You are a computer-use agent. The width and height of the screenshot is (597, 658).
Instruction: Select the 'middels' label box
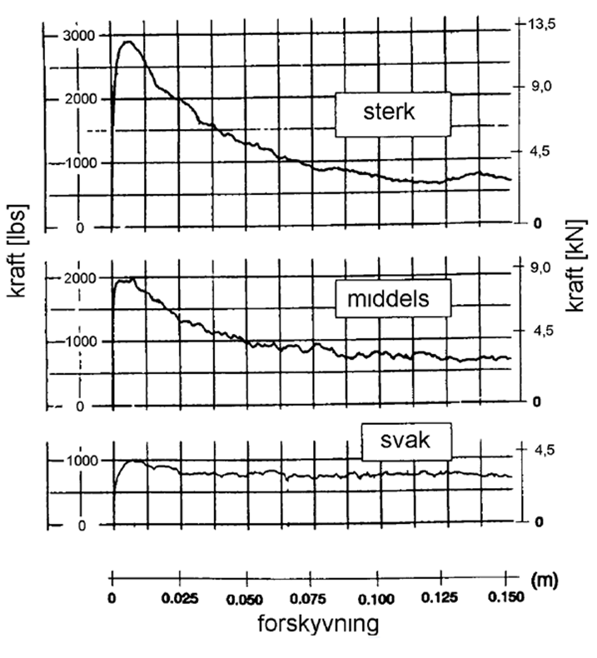pos(393,298)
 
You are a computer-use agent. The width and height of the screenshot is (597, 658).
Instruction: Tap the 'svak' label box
pos(406,441)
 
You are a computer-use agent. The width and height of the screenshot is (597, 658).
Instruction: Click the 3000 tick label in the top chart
pos(79,36)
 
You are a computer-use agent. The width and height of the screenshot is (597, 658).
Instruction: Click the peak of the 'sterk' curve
pos(128,42)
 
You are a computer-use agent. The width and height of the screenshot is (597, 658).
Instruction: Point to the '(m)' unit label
pos(544,580)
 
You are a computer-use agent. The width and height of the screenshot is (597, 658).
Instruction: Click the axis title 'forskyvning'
pos(318,624)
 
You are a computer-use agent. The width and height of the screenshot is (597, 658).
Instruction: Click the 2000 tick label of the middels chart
pos(79,278)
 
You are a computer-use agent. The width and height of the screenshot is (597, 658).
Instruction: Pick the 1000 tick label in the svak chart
pos(82,461)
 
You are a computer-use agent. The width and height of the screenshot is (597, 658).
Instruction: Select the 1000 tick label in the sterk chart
pos(81,163)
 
